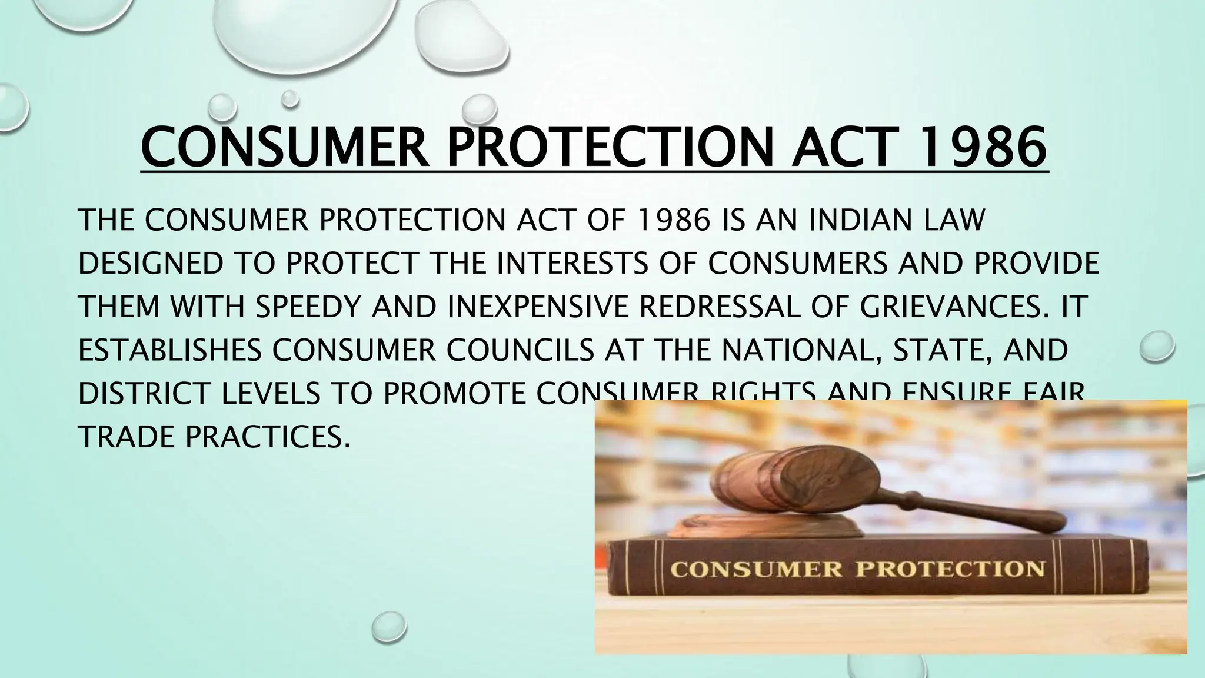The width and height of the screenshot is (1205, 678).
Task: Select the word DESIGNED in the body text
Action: point(151,264)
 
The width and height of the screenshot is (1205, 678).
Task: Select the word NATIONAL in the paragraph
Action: point(801,350)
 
